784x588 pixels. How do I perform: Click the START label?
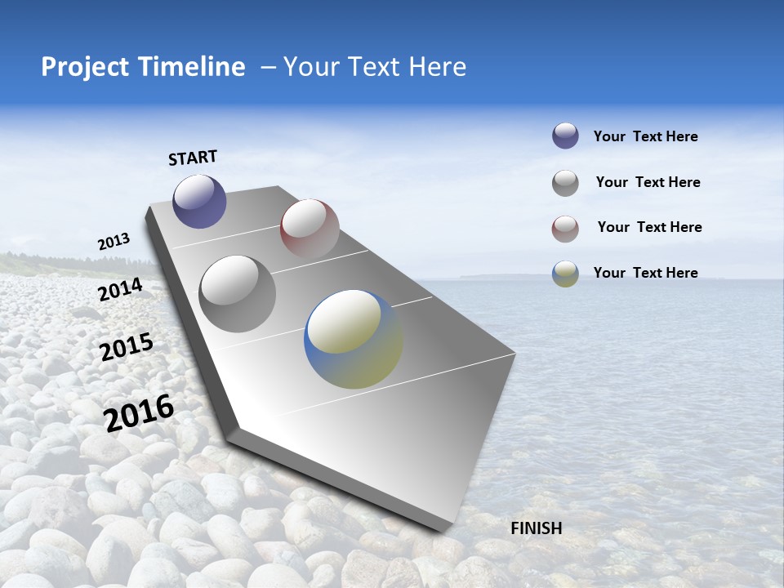tap(193, 158)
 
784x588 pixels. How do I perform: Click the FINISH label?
tap(536, 528)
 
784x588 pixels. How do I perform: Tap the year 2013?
tap(114, 242)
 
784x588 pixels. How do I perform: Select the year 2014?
tap(121, 289)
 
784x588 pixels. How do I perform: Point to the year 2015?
tap(127, 347)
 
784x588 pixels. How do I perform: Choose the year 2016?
tap(139, 412)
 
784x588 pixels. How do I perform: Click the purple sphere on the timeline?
tap(199, 201)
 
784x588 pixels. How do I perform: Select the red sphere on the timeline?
tap(310, 228)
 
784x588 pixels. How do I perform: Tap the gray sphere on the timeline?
tap(238, 293)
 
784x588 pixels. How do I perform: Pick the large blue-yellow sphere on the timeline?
tap(353, 338)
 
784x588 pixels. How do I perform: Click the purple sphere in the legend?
tap(565, 136)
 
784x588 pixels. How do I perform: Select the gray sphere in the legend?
tap(565, 182)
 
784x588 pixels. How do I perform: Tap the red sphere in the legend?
tap(565, 228)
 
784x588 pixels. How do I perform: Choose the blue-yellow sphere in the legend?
tap(565, 274)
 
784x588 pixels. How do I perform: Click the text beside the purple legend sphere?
tap(645, 136)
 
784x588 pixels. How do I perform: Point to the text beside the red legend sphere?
tap(649, 227)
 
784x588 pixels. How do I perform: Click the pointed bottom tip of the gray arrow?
tap(441, 531)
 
